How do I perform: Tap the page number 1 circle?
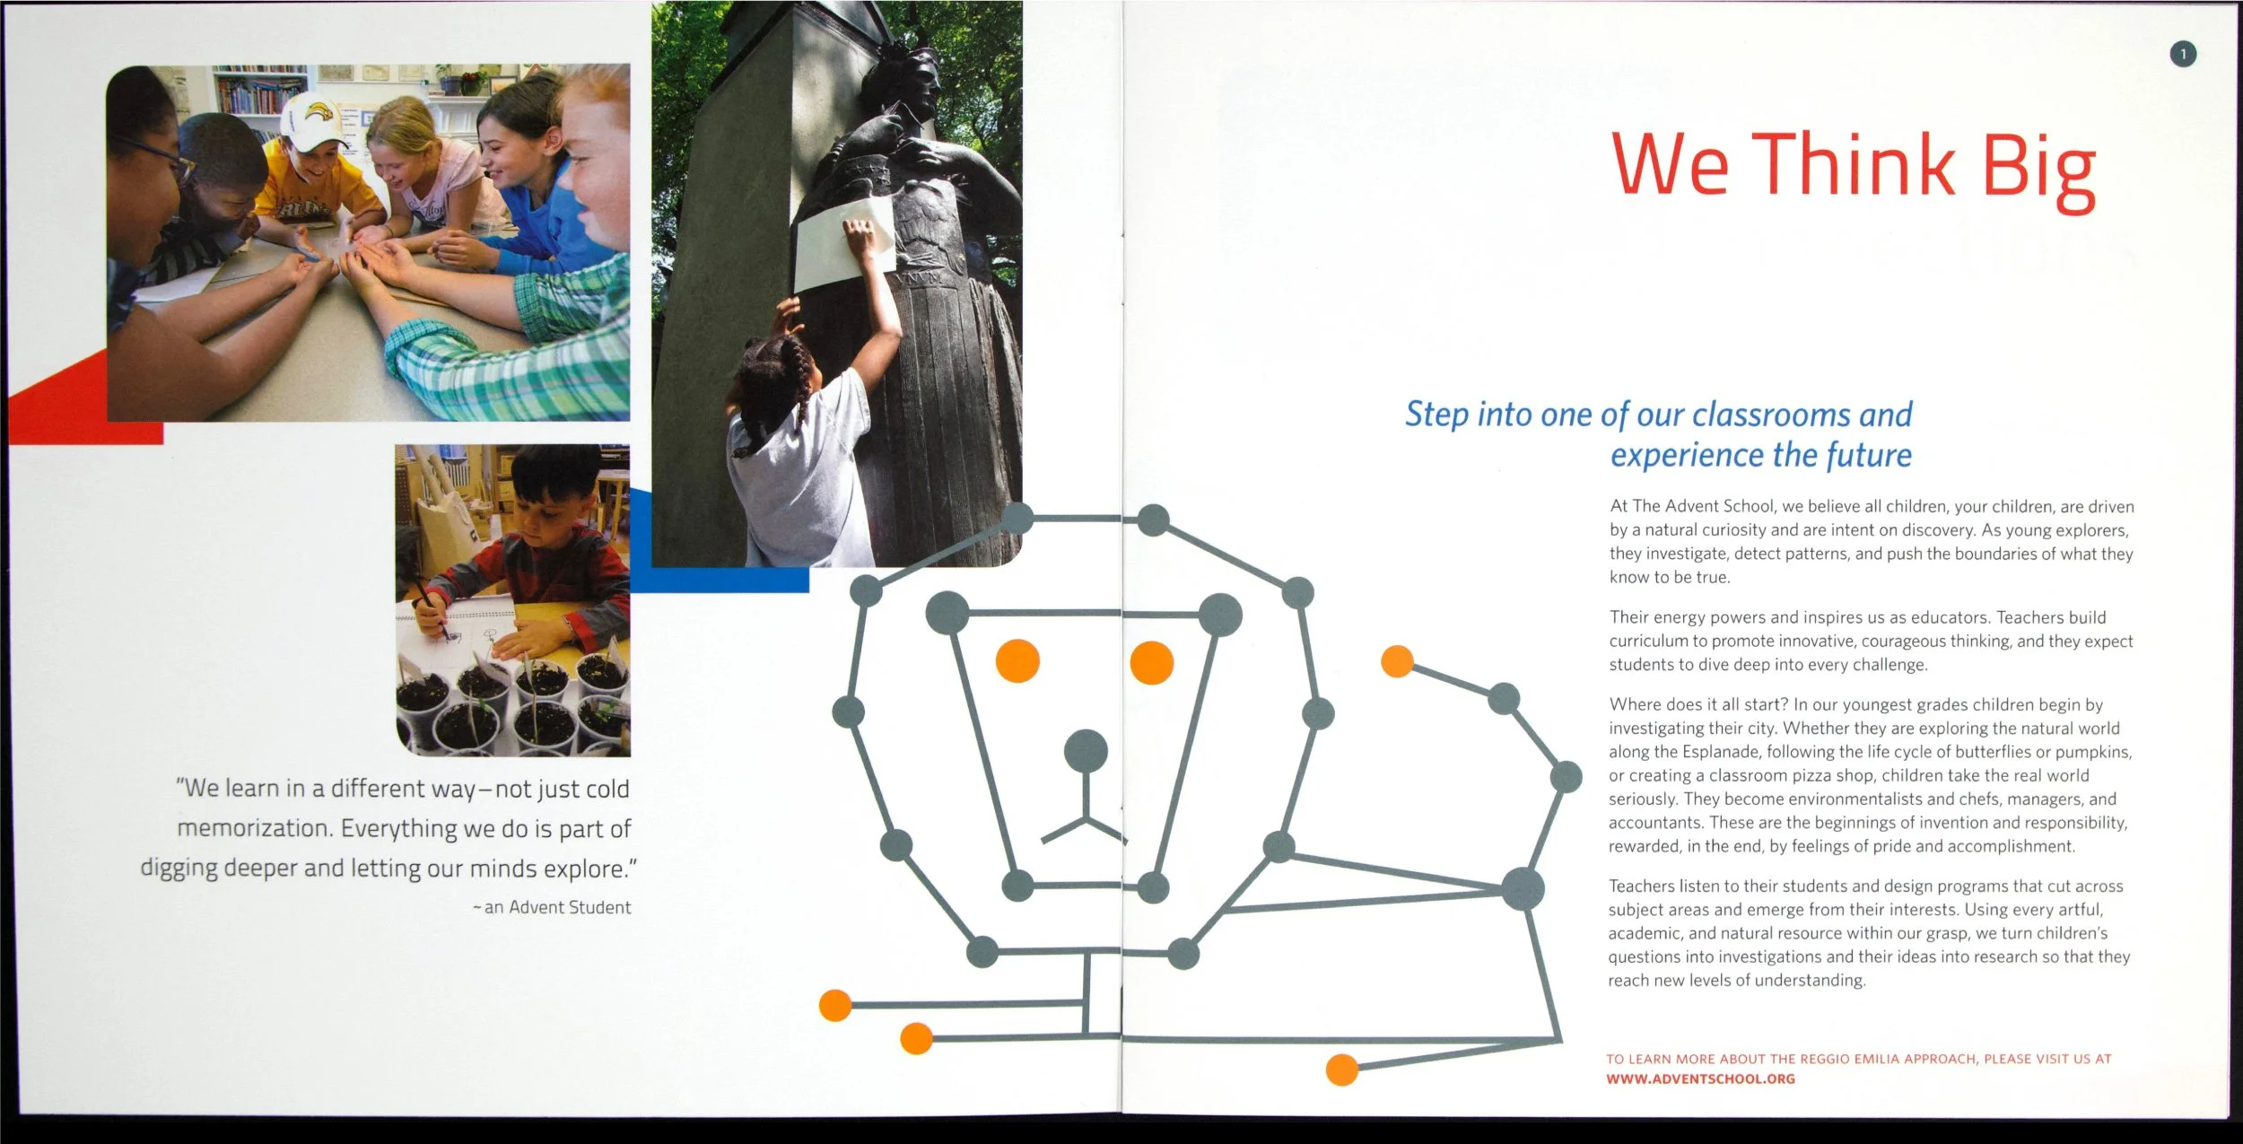point(2183,55)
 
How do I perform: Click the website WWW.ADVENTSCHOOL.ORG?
point(1700,1079)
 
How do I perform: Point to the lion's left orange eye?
point(1017,661)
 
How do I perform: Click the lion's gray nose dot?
point(1086,751)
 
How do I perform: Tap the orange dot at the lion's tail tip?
point(1397,662)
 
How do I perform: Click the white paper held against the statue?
point(843,244)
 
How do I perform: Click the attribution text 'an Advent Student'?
point(557,907)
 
